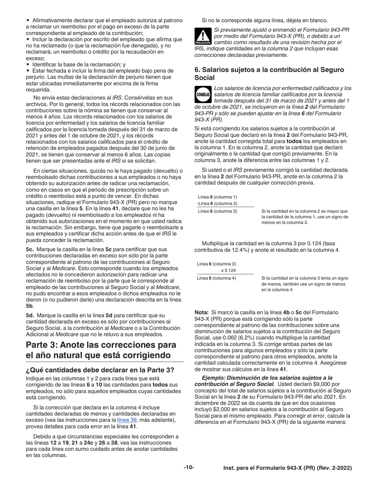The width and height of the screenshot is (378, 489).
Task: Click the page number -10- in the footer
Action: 189,468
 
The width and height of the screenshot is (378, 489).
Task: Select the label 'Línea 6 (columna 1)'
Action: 217,197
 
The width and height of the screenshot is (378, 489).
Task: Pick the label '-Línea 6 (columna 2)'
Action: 217,204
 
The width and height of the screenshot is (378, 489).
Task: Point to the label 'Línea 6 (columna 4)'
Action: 217,278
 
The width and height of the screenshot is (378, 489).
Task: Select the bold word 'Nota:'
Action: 202,312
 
